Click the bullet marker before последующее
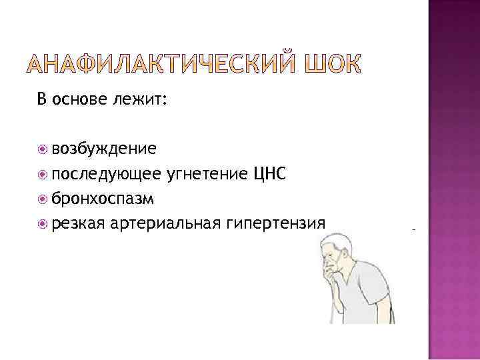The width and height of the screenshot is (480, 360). pos(43,174)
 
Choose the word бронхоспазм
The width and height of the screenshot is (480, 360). pos(103,198)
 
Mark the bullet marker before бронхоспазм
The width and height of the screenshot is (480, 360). pos(43,199)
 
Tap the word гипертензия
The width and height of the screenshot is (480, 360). pos(276,223)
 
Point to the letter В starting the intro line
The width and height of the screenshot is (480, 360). pos(42,101)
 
